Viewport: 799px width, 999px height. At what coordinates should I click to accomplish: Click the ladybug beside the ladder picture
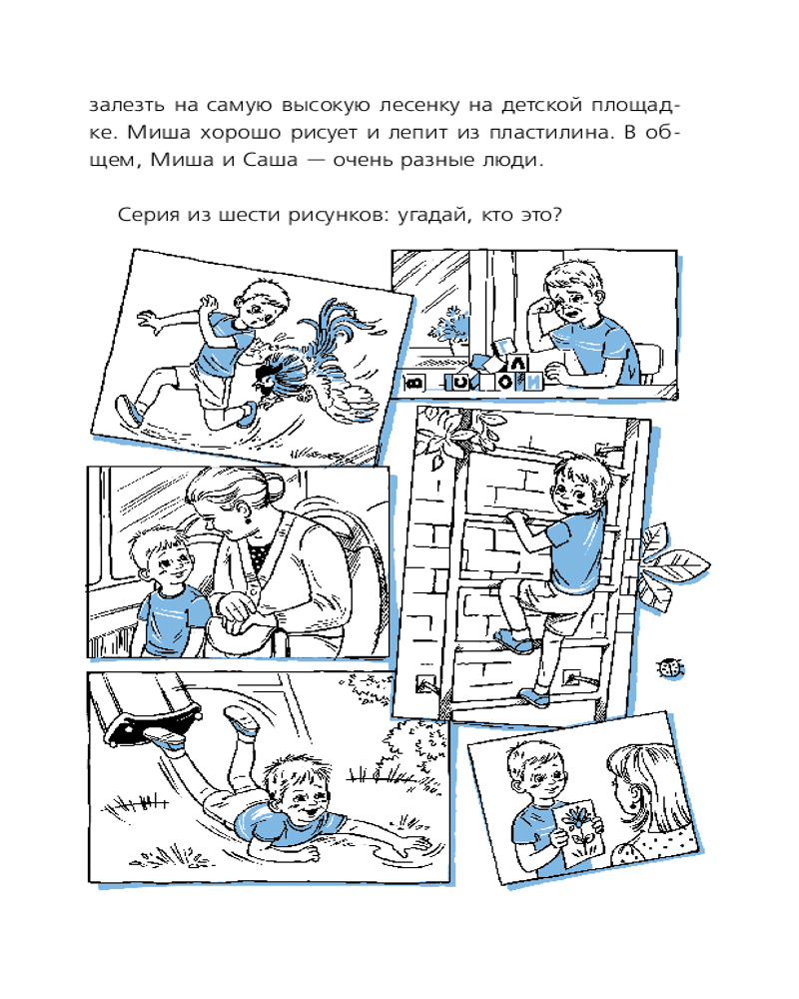[671, 667]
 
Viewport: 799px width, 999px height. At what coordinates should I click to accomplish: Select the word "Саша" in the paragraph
[271, 159]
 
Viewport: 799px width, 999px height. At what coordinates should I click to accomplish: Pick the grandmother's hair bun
[276, 489]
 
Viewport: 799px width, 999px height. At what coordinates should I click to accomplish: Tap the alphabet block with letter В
[414, 383]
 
